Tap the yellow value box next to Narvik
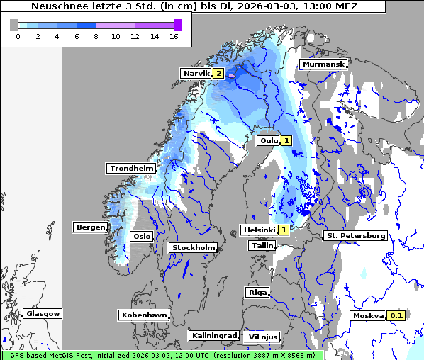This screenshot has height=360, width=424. click(219, 73)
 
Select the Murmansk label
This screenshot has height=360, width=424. click(323, 64)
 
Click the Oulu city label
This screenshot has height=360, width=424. click(268, 140)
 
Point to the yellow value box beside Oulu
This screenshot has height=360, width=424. click(286, 140)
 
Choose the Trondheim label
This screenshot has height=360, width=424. click(131, 168)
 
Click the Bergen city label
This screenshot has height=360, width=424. click(90, 227)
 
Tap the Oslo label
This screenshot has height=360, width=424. click(142, 236)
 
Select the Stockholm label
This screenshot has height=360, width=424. click(193, 247)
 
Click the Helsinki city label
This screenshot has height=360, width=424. click(258, 230)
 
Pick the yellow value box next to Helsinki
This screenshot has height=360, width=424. click(284, 230)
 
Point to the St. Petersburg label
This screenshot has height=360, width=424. click(355, 235)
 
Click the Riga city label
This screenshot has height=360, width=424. click(257, 292)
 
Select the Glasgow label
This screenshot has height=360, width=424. click(43, 313)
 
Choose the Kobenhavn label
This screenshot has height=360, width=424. click(144, 314)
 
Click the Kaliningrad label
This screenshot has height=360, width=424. click(213, 335)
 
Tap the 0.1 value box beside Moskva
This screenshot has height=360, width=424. click(396, 315)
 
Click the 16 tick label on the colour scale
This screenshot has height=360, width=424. click(173, 37)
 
